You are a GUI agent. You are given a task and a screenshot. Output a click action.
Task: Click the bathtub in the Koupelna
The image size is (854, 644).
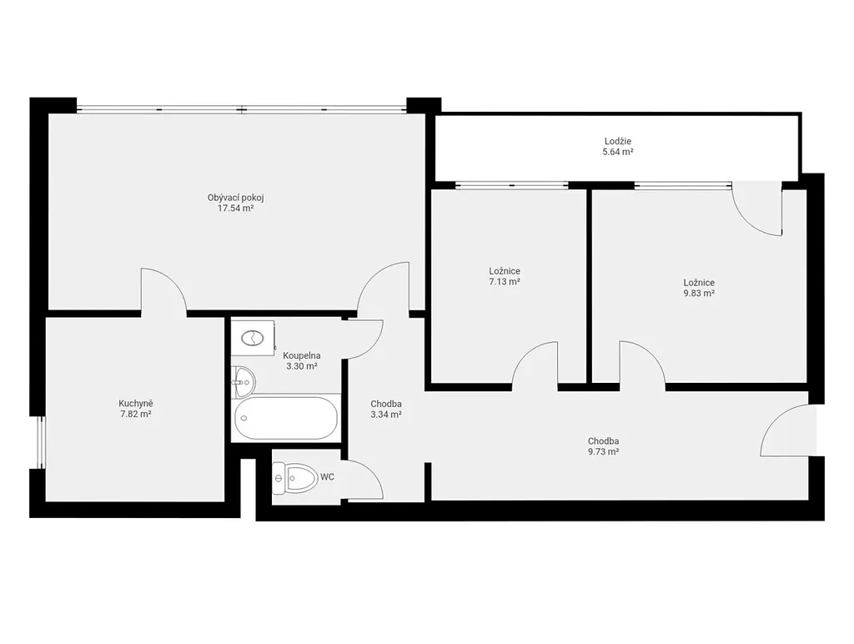pyautogui.click(x=286, y=418)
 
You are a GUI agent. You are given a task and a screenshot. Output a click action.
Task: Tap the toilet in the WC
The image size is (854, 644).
pyautogui.click(x=294, y=478)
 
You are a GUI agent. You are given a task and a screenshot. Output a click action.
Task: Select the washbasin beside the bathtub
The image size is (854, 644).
pyautogui.click(x=243, y=381)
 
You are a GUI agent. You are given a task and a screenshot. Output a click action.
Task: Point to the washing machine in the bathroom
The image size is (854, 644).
pyautogui.click(x=253, y=338)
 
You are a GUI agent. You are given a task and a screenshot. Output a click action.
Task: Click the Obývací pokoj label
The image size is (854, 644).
pyautogui.click(x=236, y=198)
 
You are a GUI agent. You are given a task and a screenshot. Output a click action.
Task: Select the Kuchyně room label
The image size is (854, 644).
pyautogui.click(x=136, y=404)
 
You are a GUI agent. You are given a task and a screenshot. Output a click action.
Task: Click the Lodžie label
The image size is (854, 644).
pyautogui.click(x=618, y=142)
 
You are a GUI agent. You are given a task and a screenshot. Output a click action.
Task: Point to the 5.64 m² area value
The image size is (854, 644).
pyautogui.click(x=618, y=152)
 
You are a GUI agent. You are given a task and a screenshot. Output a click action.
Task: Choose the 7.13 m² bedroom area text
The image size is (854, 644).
pyautogui.click(x=505, y=282)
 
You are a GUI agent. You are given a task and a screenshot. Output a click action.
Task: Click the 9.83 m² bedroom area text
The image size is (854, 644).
pyautogui.click(x=700, y=293)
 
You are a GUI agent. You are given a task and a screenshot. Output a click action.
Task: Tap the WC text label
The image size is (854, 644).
pyautogui.click(x=327, y=477)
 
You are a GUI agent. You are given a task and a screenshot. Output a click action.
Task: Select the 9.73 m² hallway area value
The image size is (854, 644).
pyautogui.click(x=603, y=451)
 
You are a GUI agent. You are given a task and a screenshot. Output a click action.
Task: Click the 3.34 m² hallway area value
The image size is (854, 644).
pyautogui.click(x=386, y=414)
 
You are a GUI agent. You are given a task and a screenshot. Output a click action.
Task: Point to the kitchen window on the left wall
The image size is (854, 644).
pyautogui.click(x=42, y=442)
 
